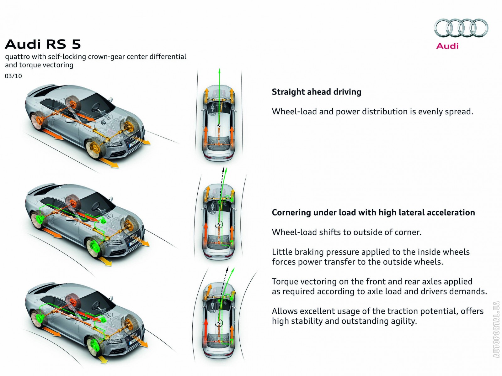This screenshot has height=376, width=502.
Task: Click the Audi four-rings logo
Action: tap(461, 28)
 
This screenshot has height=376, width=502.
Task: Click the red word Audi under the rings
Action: tap(447, 46)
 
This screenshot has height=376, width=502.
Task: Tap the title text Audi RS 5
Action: tap(43, 44)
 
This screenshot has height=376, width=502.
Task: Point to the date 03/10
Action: tap(13, 76)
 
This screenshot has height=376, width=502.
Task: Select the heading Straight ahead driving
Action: tap(316, 92)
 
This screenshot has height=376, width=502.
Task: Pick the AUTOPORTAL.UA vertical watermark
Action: tap(496, 329)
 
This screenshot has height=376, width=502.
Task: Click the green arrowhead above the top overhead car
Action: tap(219, 70)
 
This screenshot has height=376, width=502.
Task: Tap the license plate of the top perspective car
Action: tap(134, 143)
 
